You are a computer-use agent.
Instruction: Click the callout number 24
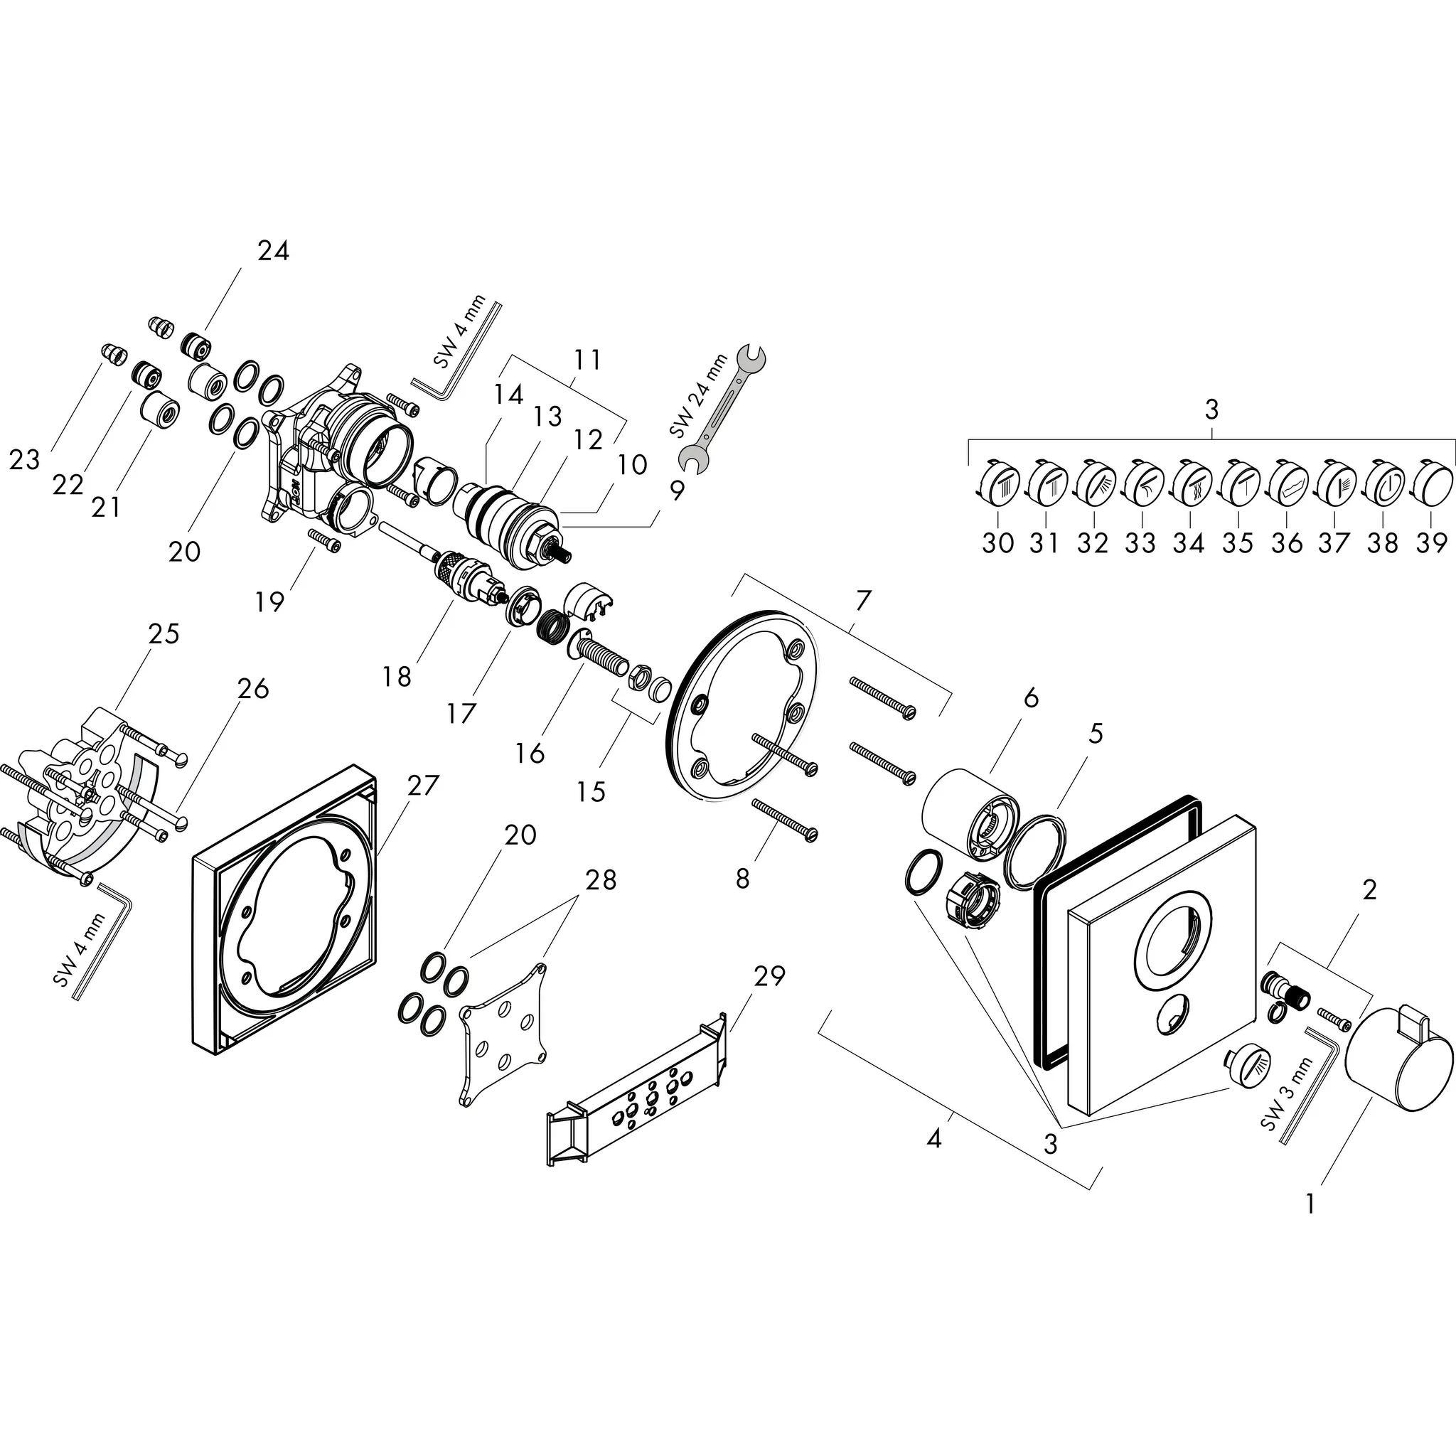pyautogui.click(x=273, y=250)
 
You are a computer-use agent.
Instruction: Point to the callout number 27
pyautogui.click(x=422, y=786)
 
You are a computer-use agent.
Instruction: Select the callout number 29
pyautogui.click(x=769, y=976)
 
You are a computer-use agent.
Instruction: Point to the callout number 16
pyautogui.click(x=530, y=752)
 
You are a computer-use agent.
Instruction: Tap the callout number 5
pyautogui.click(x=1096, y=732)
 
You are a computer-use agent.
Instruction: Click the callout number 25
pyautogui.click(x=164, y=633)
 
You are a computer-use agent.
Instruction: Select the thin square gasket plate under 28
pyautogui.click(x=503, y=1032)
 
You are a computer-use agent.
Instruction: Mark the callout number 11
pyautogui.click(x=587, y=360)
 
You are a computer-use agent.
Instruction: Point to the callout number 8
pyautogui.click(x=742, y=879)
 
